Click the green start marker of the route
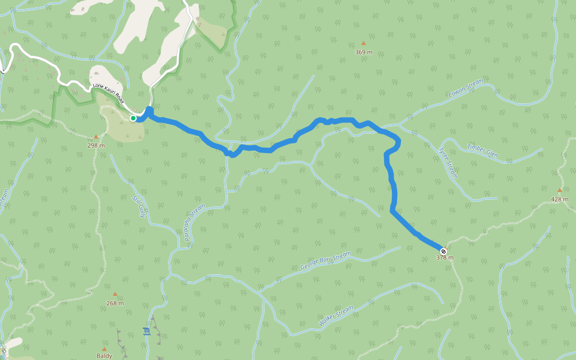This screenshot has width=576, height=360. click(x=133, y=118)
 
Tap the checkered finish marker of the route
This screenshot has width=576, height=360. click(x=443, y=251)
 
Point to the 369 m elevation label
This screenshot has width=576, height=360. click(x=364, y=52)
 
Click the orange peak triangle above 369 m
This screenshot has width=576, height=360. click(x=363, y=43)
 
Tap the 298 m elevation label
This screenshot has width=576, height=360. click(x=96, y=145)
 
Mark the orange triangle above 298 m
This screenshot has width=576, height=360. click(x=95, y=136)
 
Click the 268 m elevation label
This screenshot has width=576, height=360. click(x=115, y=303)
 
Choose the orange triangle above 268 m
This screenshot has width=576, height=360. click(x=115, y=294)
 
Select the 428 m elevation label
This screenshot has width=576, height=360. click(x=560, y=199)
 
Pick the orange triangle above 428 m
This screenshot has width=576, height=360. click(x=560, y=190)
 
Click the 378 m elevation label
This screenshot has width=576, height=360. click(x=445, y=258)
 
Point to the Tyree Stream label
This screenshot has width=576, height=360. click(x=448, y=163)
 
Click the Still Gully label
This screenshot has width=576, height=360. click(x=139, y=206)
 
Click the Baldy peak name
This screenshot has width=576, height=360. click(x=104, y=356)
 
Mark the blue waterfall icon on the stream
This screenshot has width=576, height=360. click(x=146, y=331)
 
